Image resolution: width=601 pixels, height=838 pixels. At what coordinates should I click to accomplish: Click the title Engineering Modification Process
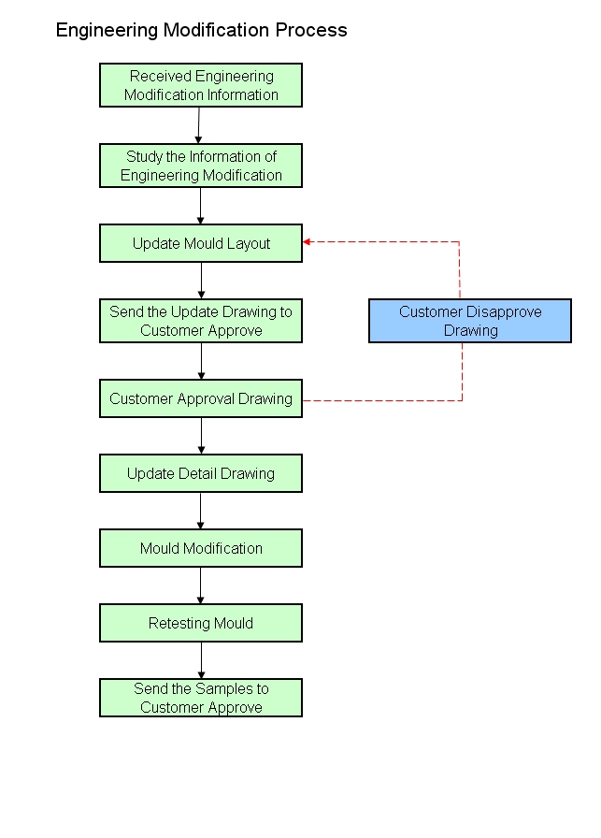(x=201, y=30)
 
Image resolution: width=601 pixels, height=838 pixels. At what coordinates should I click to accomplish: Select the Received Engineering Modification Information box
(x=201, y=85)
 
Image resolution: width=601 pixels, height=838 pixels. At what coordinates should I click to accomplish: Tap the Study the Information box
(x=201, y=166)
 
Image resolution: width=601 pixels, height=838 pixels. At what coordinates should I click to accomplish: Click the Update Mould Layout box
(x=201, y=243)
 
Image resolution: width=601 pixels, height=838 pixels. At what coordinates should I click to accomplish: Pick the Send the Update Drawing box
(x=201, y=321)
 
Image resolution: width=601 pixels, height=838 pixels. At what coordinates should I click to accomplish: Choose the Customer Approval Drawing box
(x=201, y=398)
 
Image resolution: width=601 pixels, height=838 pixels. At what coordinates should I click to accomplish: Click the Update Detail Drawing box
(x=201, y=473)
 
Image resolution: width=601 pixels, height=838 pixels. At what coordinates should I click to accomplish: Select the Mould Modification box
(x=201, y=548)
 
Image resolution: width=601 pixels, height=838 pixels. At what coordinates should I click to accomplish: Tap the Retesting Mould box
(x=201, y=623)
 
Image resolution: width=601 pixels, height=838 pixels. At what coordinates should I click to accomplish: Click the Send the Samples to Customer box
(x=201, y=698)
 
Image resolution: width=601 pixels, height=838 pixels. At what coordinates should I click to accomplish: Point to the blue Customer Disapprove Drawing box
(x=470, y=321)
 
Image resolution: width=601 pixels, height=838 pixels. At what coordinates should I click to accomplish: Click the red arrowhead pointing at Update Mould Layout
(x=308, y=241)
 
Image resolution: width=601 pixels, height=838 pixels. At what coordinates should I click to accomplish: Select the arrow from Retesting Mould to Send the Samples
(x=201, y=660)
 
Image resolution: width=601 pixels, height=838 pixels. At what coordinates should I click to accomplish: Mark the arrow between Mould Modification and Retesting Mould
(x=201, y=585)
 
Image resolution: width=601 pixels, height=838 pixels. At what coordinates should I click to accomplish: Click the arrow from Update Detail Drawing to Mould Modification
(x=201, y=511)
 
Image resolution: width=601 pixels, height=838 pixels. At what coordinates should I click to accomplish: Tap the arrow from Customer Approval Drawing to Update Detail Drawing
(x=201, y=436)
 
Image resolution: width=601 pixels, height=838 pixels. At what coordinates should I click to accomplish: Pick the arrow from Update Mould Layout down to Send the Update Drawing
(x=201, y=281)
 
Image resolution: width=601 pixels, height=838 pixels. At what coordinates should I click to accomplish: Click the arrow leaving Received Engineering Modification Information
(x=199, y=125)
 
